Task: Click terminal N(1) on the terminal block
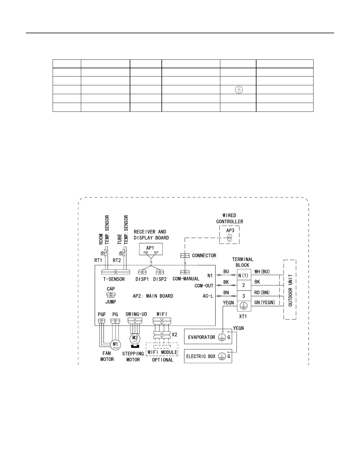pyautogui.click(x=244, y=276)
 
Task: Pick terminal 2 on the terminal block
pyautogui.click(x=244, y=285)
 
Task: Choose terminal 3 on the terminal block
pyautogui.click(x=244, y=296)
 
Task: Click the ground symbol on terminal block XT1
pyautogui.click(x=244, y=306)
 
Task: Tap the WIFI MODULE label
pyautogui.click(x=162, y=352)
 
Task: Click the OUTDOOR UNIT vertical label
pyautogui.click(x=290, y=290)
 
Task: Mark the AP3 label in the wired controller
pyautogui.click(x=230, y=231)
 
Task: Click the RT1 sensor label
pyautogui.click(x=98, y=260)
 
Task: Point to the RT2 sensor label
pyautogui.click(x=117, y=260)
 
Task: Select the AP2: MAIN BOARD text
pyautogui.click(x=153, y=296)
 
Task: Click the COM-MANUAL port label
pyautogui.click(x=186, y=279)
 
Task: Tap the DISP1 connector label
pyautogui.click(x=142, y=279)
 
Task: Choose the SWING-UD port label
pyautogui.click(x=136, y=314)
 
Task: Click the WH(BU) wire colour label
pyautogui.click(x=262, y=272)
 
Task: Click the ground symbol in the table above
pyautogui.click(x=238, y=90)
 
